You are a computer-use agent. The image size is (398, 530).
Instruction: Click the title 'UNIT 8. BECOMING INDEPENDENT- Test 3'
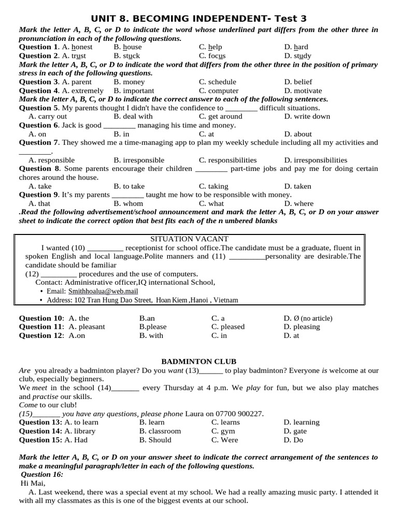point(198,18)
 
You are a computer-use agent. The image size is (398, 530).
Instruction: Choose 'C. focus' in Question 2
point(212,56)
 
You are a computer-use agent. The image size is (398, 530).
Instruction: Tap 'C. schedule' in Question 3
point(217,82)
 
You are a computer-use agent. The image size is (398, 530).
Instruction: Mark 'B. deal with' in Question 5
point(133,116)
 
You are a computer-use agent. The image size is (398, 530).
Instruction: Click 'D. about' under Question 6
point(298,134)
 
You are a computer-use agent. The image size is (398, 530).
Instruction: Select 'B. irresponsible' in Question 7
point(139,160)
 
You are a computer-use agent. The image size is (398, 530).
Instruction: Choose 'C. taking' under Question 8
point(214,186)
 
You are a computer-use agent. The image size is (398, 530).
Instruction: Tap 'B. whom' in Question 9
point(128,204)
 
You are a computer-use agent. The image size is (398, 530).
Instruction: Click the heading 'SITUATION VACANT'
point(189,239)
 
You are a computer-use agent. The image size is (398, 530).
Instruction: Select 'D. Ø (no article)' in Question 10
point(308,318)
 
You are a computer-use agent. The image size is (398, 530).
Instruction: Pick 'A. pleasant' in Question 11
point(87,327)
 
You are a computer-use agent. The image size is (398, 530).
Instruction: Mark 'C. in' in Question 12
point(219,335)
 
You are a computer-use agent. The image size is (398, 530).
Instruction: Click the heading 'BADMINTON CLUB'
point(198,362)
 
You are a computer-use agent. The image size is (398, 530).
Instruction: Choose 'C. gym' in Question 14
point(223,431)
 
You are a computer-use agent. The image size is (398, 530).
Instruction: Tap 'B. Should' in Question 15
point(155,440)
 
